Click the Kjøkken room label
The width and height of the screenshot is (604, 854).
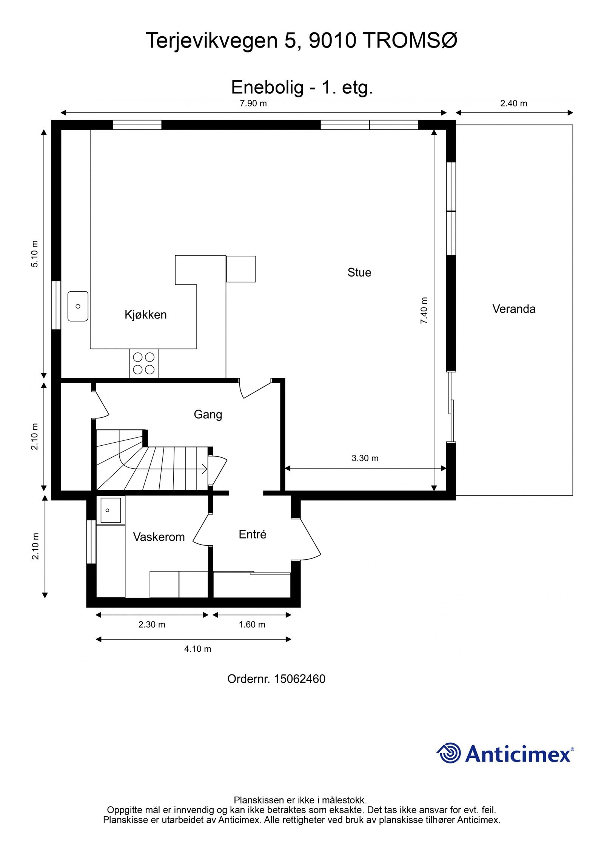(145, 315)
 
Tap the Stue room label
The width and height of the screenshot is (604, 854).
(359, 272)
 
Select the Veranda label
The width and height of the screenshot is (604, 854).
(513, 309)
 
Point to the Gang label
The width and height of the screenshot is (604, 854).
(208, 414)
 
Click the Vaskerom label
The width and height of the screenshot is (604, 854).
(159, 537)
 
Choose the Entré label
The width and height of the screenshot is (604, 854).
(253, 534)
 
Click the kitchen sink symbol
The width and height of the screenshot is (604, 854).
(78, 306)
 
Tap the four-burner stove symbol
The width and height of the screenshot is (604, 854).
(144, 363)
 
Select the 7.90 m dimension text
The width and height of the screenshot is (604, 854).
(253, 103)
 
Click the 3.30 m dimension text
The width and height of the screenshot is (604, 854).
(365, 458)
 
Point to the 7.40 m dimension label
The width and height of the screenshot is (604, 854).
(424, 311)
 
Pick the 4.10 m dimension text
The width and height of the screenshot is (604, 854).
(197, 649)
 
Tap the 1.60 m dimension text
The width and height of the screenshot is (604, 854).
(252, 625)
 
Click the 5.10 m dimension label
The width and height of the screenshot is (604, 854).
(35, 254)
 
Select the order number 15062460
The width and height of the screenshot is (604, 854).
(299, 679)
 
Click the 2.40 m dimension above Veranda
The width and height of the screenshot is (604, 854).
(513, 103)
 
